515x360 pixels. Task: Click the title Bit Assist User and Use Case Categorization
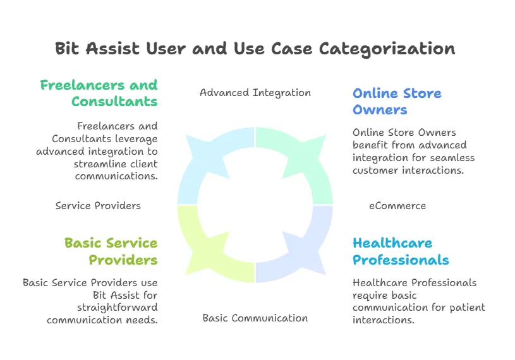pyautogui.click(x=255, y=49)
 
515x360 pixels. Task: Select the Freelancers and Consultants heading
pyautogui.click(x=99, y=93)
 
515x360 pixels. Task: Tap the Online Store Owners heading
pyautogui.click(x=397, y=101)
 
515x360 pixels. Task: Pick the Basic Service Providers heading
pyautogui.click(x=111, y=251)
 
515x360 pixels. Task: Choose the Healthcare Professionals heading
pyautogui.click(x=401, y=251)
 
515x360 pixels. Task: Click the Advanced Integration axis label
pyautogui.click(x=255, y=93)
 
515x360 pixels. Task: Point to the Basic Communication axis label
pyautogui.click(x=255, y=318)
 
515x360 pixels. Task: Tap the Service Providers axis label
pyautogui.click(x=98, y=205)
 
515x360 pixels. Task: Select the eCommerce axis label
pyautogui.click(x=397, y=205)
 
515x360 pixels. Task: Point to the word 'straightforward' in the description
pyautogui.click(x=117, y=308)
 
